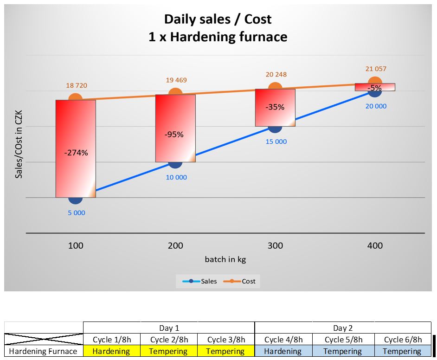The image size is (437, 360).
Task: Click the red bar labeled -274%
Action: [76, 148]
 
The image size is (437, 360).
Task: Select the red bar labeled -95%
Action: [175, 128]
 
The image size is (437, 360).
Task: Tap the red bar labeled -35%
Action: [275, 107]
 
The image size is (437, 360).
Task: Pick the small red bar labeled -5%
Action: [375, 87]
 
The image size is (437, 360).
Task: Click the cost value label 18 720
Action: [77, 85]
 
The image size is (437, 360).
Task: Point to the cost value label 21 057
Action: [375, 69]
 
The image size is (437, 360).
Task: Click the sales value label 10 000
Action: [176, 177]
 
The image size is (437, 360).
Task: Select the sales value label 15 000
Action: [276, 141]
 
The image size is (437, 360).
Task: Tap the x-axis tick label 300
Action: [275, 245]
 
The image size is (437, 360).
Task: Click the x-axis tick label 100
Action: [76, 245]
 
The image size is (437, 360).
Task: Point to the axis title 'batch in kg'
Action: [225, 259]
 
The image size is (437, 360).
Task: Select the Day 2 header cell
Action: [343, 328]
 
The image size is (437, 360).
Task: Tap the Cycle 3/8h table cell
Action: [226, 340]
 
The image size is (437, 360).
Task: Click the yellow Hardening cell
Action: [111, 351]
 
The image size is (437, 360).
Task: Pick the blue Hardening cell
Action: [283, 351]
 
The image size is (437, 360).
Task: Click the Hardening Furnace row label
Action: [43, 351]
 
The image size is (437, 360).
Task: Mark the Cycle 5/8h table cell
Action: [343, 340]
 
